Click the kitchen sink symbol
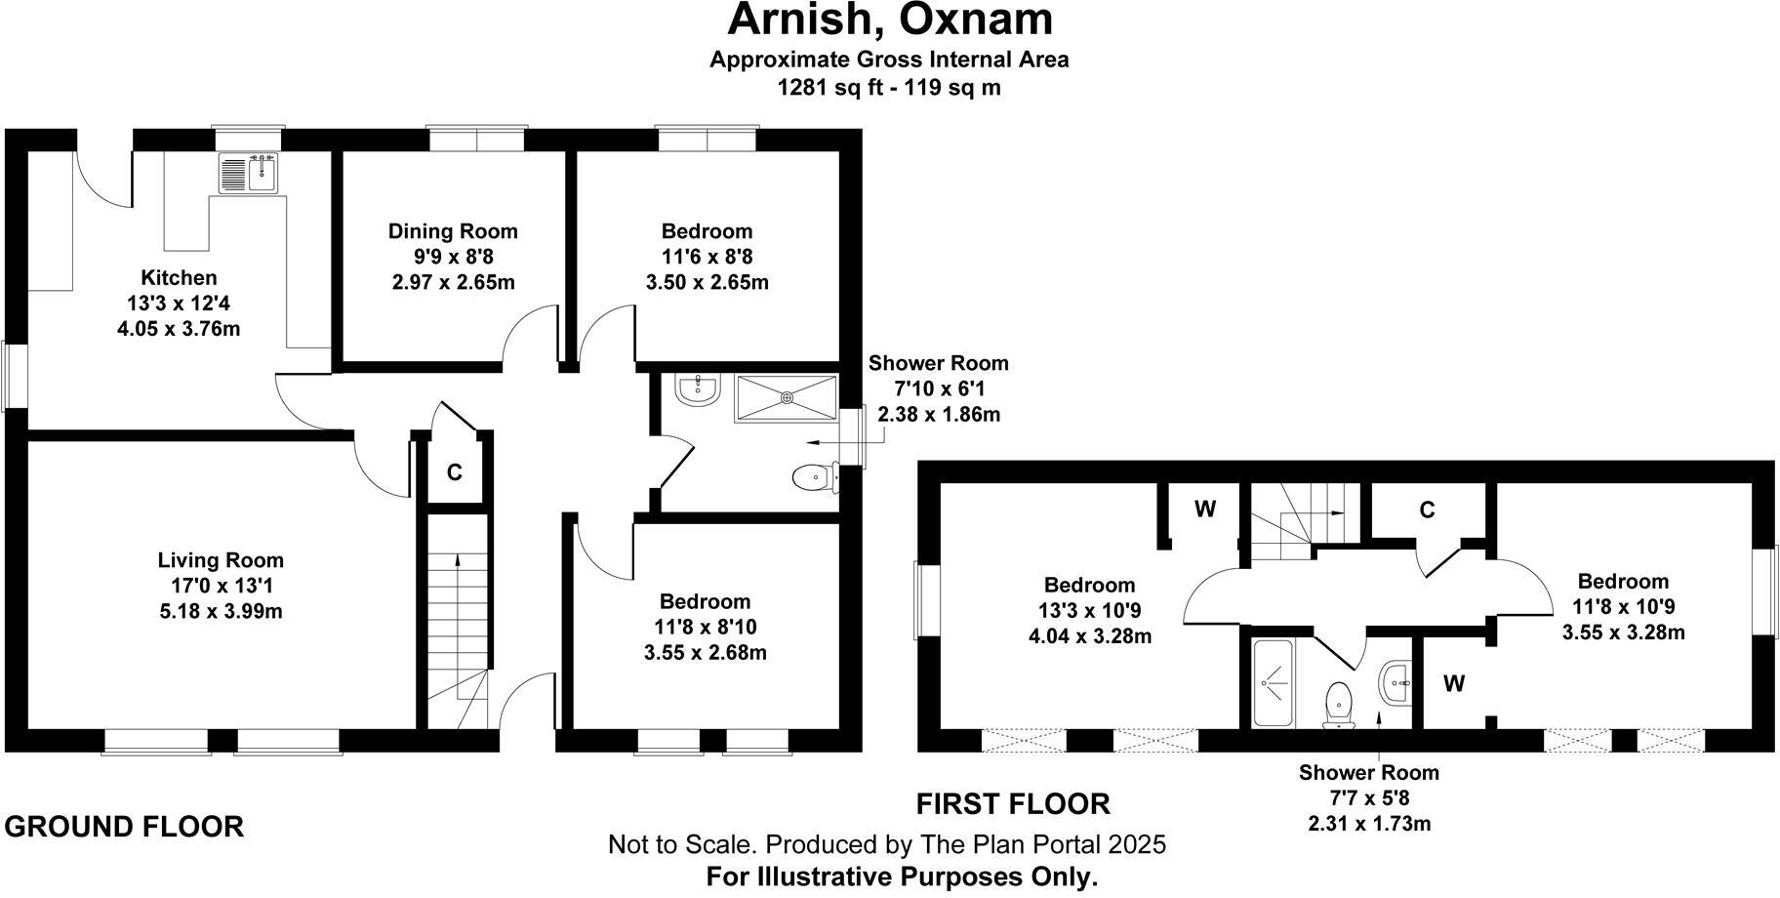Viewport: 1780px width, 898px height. (249, 174)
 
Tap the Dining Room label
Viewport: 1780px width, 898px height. (453, 231)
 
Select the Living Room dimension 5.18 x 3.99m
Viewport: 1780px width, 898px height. (221, 612)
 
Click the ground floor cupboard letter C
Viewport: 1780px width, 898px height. (454, 473)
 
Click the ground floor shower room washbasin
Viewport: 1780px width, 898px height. (697, 388)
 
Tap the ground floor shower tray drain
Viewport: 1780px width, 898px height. (787, 397)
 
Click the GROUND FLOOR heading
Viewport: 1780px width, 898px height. (124, 827)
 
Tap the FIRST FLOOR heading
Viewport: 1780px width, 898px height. (1012, 804)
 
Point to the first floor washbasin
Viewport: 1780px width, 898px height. (1396, 680)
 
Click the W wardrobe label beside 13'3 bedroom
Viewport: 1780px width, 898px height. (1204, 510)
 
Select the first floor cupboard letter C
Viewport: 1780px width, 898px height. (1427, 510)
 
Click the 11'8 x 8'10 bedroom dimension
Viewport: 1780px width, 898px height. (705, 627)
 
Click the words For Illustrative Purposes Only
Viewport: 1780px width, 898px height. (902, 877)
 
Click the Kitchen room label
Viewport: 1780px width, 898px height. (179, 278)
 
